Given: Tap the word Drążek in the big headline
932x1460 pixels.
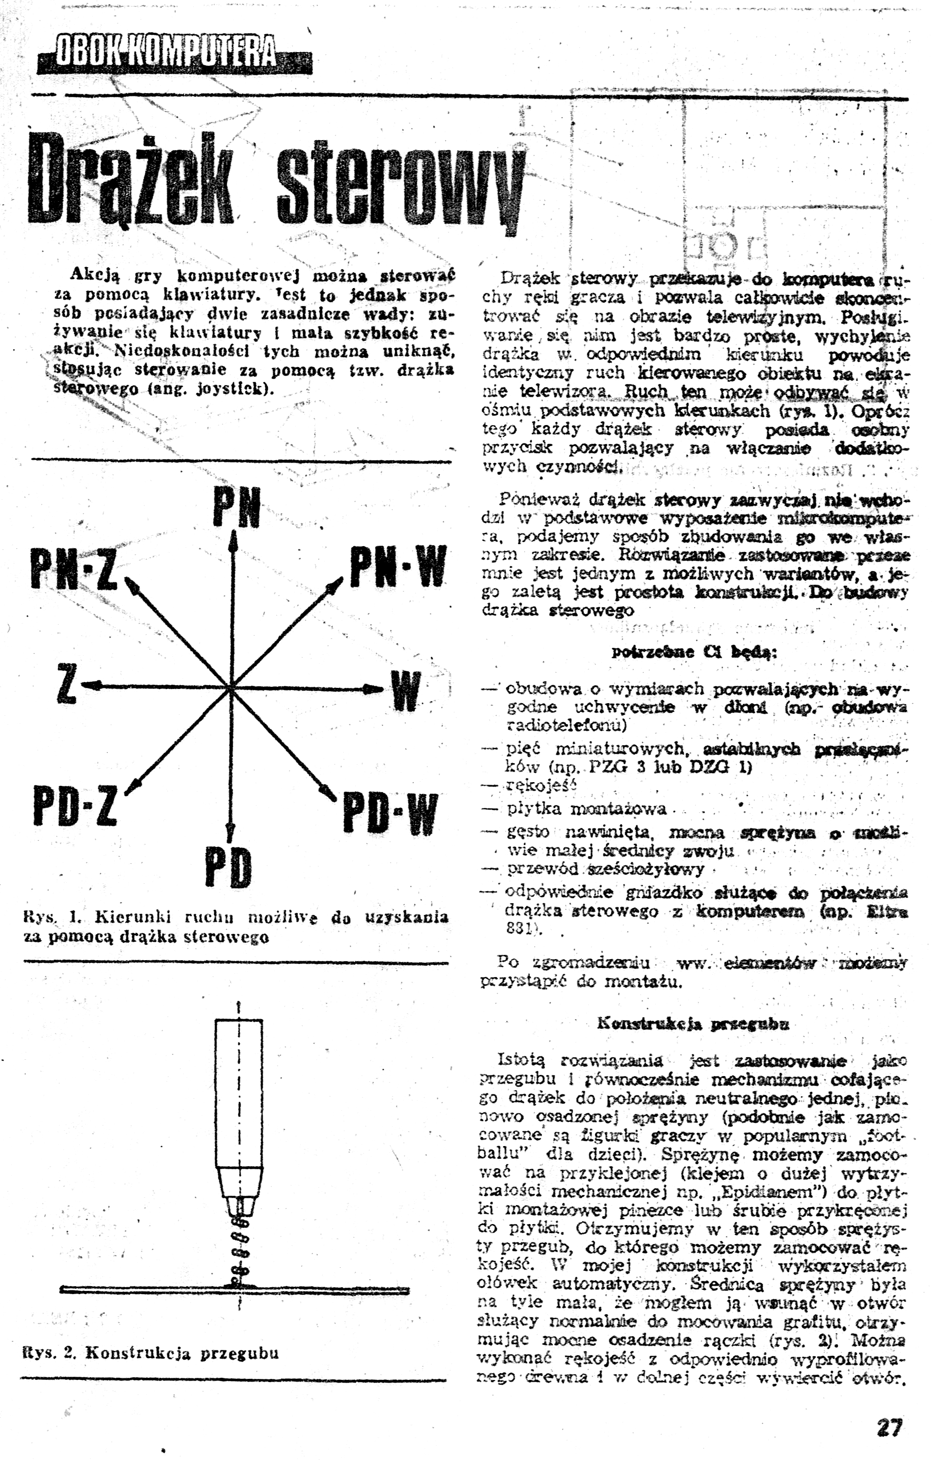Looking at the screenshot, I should [x=134, y=179].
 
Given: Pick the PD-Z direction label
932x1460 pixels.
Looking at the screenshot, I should [x=74, y=807].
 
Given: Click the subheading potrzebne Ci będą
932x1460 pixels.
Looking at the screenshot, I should [x=695, y=652].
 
